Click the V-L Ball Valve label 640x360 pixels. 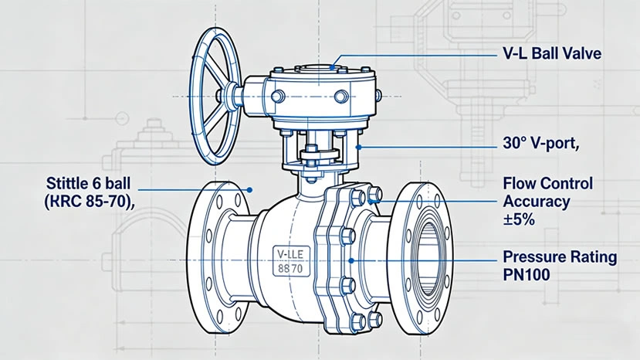pyautogui.click(x=551, y=55)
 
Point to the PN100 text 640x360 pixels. pyautogui.click(x=527, y=273)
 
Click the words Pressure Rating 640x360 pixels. pyautogui.click(x=560, y=256)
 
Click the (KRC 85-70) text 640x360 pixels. pyautogui.click(x=85, y=202)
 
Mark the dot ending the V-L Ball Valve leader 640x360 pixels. pyautogui.click(x=333, y=67)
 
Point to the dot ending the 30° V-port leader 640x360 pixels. pyautogui.click(x=358, y=144)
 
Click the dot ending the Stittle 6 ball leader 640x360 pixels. pyautogui.click(x=251, y=188)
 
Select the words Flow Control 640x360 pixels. pyautogui.click(x=547, y=184)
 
